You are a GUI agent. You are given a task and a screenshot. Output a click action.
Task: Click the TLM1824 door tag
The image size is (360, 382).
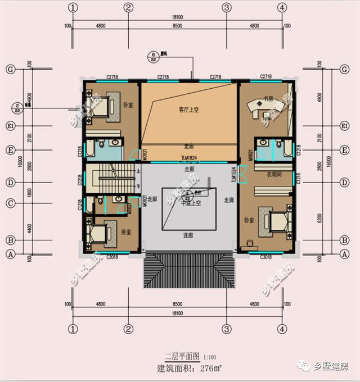[189, 160]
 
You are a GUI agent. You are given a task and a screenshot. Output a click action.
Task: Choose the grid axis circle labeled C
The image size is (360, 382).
[10, 203]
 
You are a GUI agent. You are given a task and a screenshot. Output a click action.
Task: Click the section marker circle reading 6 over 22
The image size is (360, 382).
[152, 57]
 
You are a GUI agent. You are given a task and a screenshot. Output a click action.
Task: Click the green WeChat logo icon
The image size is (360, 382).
[305, 367]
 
